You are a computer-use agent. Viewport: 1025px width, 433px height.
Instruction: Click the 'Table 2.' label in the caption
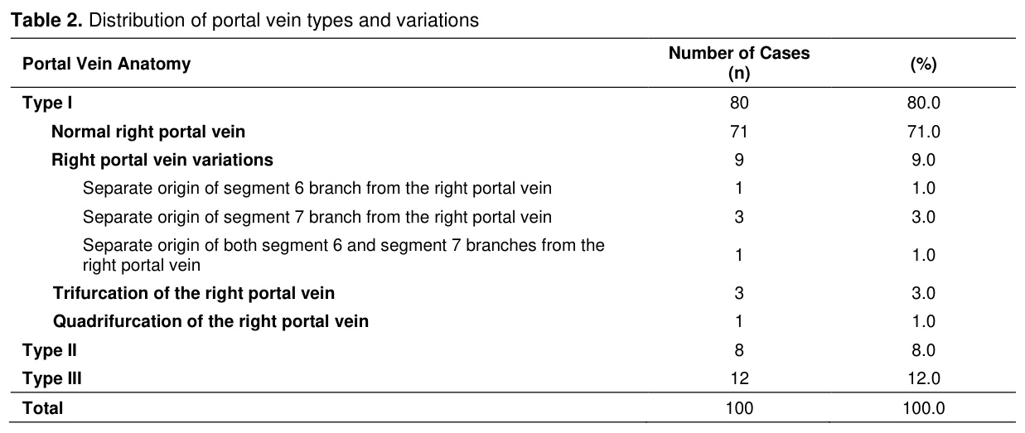click(46, 20)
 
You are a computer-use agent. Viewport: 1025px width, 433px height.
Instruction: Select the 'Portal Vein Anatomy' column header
click(107, 64)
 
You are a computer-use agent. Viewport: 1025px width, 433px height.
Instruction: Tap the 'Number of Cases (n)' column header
click(739, 63)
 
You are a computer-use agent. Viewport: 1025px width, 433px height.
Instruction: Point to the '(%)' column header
click(923, 64)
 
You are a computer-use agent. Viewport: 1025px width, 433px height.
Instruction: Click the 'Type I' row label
click(47, 103)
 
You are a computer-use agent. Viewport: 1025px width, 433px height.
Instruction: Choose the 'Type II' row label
click(50, 350)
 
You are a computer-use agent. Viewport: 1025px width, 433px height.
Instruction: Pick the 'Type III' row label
click(52, 378)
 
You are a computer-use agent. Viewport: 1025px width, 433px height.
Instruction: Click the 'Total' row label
click(42, 408)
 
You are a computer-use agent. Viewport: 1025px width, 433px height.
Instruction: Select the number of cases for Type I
click(739, 103)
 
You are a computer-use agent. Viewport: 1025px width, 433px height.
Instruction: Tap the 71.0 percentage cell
click(923, 132)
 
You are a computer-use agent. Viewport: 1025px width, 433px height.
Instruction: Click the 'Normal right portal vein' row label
click(148, 132)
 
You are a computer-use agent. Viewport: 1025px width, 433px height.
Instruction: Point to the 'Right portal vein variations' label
click(162, 160)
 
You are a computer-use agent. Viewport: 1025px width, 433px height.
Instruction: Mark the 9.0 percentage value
click(923, 160)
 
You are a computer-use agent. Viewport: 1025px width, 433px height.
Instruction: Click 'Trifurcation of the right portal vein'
click(194, 293)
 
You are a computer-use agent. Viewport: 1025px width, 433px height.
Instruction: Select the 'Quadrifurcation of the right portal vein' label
click(211, 321)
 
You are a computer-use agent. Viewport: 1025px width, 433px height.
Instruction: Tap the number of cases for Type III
click(739, 378)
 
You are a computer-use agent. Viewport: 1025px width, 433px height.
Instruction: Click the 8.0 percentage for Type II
click(923, 350)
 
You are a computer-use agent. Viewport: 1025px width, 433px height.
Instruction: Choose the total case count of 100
click(739, 408)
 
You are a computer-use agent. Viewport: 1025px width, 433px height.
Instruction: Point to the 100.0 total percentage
click(923, 408)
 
